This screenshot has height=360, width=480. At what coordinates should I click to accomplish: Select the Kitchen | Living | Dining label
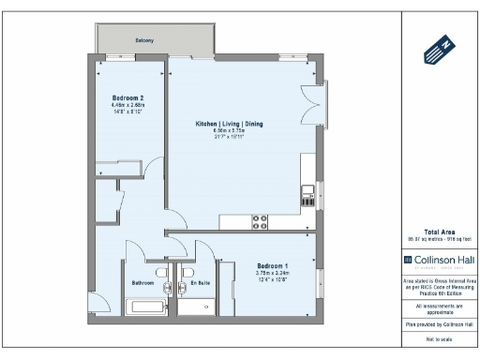tap(229, 124)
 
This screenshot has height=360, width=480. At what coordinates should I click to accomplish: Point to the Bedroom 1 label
tap(273, 265)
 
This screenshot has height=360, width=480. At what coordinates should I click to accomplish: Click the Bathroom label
tap(142, 282)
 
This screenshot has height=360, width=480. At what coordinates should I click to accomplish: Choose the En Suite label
tap(200, 282)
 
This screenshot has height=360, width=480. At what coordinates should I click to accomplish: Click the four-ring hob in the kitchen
tap(260, 221)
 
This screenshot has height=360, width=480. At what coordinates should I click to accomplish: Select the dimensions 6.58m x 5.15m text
tap(229, 131)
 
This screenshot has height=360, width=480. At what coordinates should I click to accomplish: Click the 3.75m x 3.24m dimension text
tap(273, 273)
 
